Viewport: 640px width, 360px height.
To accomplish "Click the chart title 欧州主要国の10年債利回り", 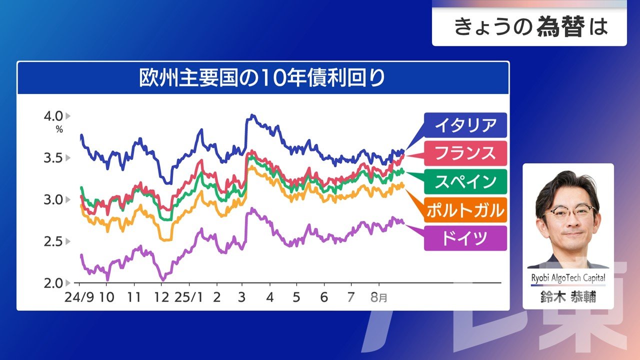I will pos(262,78).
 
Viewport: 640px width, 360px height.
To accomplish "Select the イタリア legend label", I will pos(465,125).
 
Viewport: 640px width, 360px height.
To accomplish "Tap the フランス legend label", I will pos(465,153).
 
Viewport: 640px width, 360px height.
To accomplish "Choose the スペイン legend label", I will pos(465,181).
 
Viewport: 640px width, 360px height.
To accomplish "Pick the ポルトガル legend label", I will pos(465,210).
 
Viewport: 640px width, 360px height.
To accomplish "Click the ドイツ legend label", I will pos(465,238).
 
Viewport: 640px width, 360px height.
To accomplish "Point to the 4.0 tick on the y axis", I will pos(53,116).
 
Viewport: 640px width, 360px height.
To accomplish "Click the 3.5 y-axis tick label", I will pos(53,158).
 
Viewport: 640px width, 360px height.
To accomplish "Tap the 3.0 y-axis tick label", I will pos(53,199).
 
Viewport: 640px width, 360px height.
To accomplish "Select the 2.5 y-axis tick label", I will pos(53,241).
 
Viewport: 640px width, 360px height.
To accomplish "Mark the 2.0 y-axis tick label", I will pos(53,283).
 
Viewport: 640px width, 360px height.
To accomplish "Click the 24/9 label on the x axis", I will pos(79,297).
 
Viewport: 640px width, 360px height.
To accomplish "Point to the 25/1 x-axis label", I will pos(188,297).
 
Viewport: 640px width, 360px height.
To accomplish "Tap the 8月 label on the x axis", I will pos(378,297).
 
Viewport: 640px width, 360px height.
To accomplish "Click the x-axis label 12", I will pos(161,297).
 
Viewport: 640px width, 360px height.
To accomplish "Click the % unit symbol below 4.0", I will pos(59,129).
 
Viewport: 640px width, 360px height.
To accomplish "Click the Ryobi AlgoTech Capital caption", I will pos(568,278).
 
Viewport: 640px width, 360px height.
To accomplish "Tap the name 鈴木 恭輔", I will pos(568,297).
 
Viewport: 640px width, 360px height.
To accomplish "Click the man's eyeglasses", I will pos(570,211).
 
